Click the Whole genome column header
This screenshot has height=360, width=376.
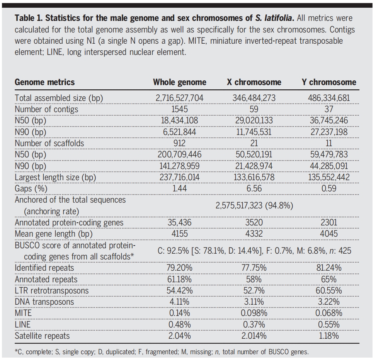(x=180, y=82)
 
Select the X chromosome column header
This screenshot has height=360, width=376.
(x=254, y=82)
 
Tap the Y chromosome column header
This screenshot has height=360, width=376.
(x=329, y=82)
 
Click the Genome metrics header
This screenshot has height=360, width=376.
(x=44, y=82)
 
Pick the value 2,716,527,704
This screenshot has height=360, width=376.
(x=179, y=98)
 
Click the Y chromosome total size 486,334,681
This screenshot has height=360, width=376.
(x=329, y=98)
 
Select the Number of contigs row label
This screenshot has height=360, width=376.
(x=46, y=109)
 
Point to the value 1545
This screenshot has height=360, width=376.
(x=179, y=109)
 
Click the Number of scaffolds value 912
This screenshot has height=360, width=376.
(x=179, y=143)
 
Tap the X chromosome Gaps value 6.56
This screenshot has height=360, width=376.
(x=254, y=188)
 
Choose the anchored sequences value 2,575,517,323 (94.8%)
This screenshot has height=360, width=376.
(x=254, y=206)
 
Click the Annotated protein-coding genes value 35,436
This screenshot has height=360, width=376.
(x=179, y=222)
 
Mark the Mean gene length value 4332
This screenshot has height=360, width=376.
(x=254, y=234)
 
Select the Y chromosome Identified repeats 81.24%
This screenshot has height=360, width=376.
(x=329, y=268)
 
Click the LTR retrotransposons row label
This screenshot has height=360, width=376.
(x=52, y=291)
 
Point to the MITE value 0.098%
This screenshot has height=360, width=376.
(x=254, y=313)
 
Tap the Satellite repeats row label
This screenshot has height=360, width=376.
(x=42, y=336)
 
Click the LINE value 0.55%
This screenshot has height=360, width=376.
(x=329, y=324)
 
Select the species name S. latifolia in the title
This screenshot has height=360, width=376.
(x=273, y=18)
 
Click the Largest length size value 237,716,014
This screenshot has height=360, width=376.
(x=179, y=177)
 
